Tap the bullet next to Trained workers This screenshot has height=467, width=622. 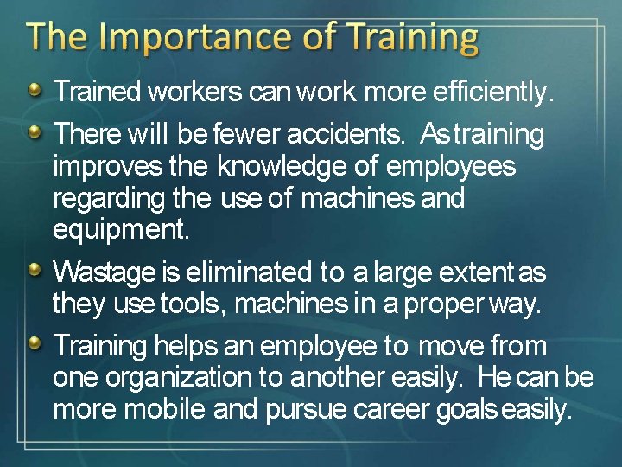34,90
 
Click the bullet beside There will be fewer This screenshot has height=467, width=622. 34,133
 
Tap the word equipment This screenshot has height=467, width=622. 120,230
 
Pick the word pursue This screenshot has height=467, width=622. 306,409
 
